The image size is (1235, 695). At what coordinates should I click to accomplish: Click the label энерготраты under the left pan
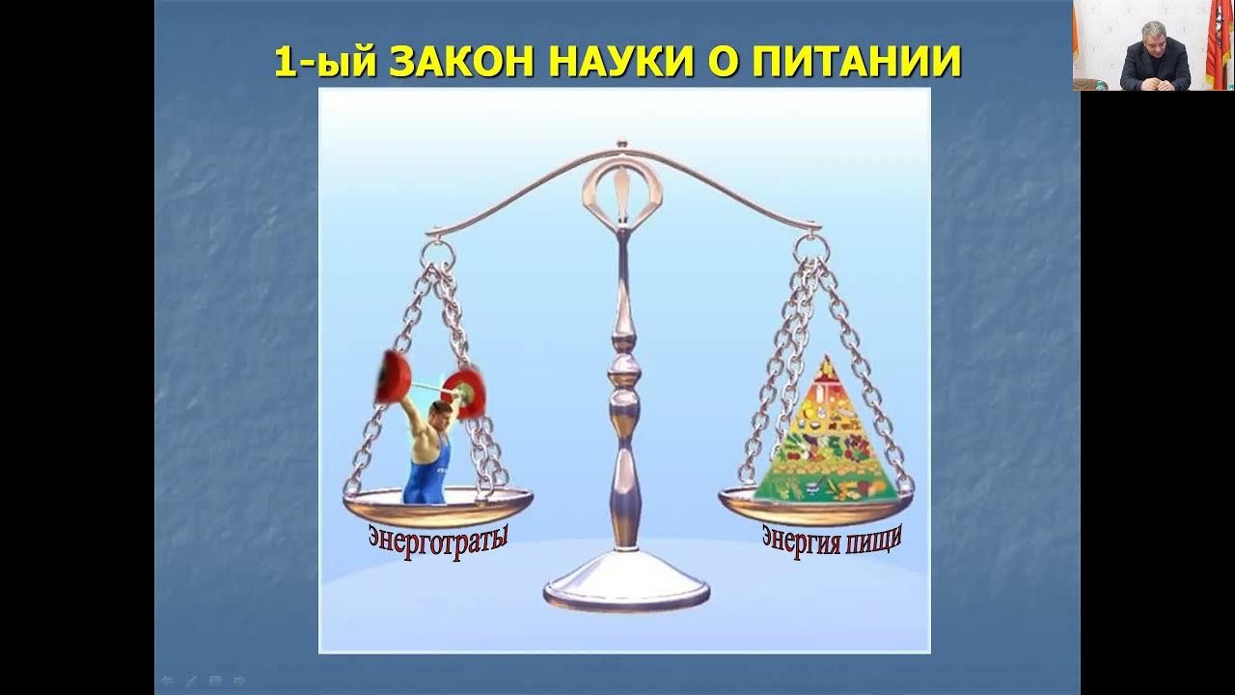click(438, 539)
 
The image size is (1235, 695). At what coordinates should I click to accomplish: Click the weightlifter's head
click(439, 416)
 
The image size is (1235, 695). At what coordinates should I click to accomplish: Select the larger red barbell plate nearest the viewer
click(392, 377)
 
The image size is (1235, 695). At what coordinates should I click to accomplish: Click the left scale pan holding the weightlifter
click(438, 506)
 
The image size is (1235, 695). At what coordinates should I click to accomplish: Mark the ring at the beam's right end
click(810, 249)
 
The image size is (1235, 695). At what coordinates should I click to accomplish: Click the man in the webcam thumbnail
click(1154, 56)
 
